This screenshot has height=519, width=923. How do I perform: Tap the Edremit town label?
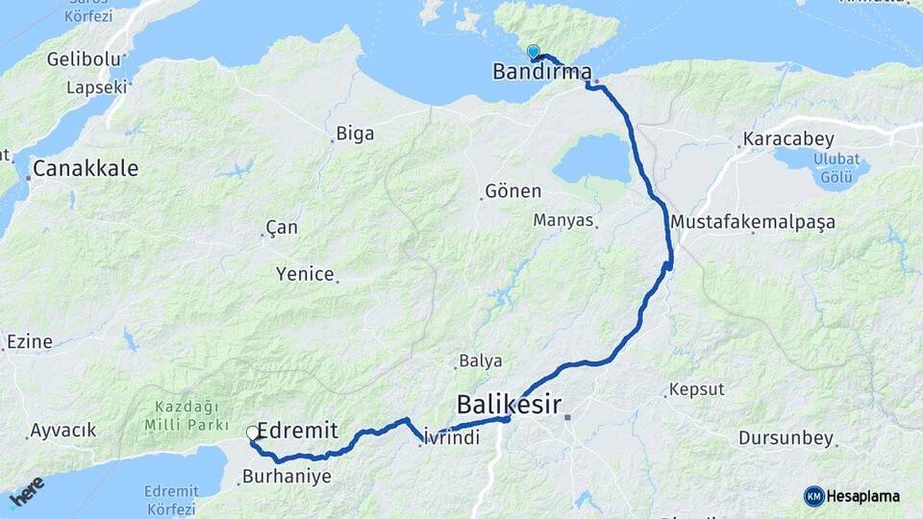coord(298,432)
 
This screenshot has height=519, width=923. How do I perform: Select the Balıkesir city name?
coord(509,402)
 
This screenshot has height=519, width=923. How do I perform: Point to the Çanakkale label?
coord(86,169)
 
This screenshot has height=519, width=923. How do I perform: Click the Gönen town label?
coord(513,191)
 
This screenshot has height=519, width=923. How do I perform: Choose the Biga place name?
coord(355,135)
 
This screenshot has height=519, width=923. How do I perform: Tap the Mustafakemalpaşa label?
coord(753,222)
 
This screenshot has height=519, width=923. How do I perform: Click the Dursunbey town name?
coord(786,438)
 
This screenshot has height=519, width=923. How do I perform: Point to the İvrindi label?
coord(451,436)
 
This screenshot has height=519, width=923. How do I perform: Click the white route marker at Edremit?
coord(253,433)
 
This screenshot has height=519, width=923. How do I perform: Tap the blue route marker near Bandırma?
coord(533,52)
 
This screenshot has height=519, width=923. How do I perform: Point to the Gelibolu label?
coord(85,60)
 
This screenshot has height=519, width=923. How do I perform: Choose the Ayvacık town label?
coord(63,431)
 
